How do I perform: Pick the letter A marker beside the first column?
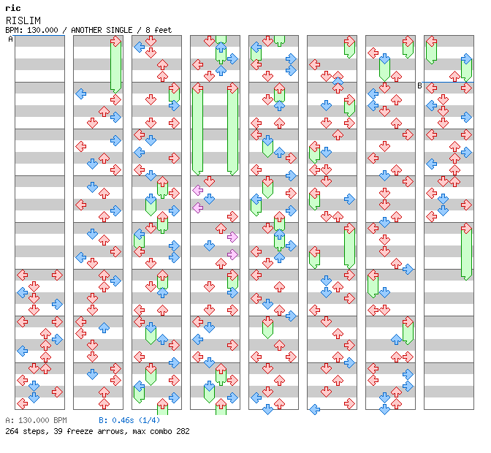coord(10,39)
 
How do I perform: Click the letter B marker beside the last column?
coord(419,85)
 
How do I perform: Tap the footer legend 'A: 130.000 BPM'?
coord(36,421)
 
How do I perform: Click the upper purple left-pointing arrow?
coord(197,190)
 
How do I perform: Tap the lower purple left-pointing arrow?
coord(197,208)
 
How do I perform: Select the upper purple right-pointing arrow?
coord(232,237)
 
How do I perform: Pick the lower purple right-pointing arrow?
coord(232,254)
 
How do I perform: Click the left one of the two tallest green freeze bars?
coord(197,129)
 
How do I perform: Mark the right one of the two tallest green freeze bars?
coord(232,129)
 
